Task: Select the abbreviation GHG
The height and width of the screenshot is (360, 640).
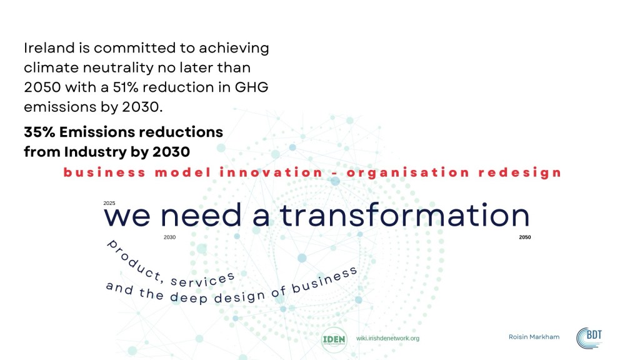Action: point(251,87)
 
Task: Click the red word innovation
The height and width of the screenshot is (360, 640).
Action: point(271,172)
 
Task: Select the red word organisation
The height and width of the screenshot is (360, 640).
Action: point(407,172)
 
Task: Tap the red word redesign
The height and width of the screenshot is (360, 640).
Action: point(519,172)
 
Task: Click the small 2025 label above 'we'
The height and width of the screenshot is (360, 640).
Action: point(109,203)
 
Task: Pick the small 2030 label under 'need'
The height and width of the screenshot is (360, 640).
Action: point(170,237)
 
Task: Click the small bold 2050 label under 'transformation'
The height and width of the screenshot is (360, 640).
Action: point(525,237)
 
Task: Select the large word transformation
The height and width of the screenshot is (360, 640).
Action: point(404,215)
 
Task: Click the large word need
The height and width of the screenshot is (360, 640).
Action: point(201,215)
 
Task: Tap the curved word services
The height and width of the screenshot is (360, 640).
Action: point(202,279)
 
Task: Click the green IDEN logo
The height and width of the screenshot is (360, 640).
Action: point(334,339)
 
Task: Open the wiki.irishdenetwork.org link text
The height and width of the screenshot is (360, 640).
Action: point(387,338)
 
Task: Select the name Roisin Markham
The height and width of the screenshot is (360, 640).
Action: point(534,337)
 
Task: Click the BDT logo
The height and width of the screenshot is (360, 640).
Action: point(589,338)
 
